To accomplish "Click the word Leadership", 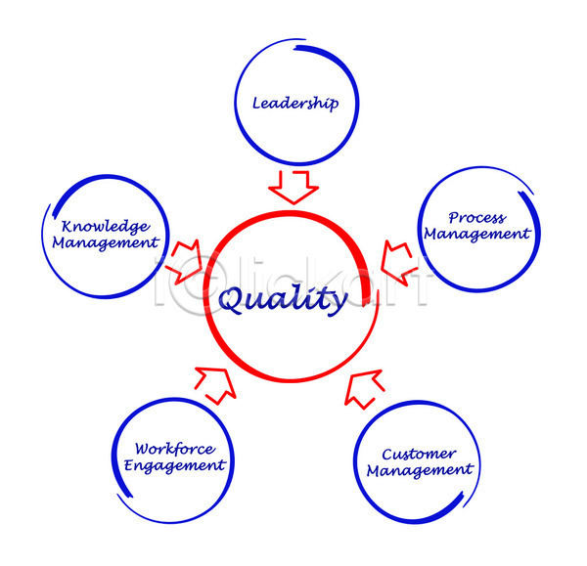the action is point(295,104).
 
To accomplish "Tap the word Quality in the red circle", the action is point(283,300).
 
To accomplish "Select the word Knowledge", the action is point(106,227).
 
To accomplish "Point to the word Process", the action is point(477,217).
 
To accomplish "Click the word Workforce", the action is point(175,449).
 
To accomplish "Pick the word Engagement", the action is point(175,465).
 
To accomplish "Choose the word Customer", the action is point(419,455).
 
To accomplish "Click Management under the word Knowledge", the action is point(106,243).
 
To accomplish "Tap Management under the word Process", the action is point(477,235).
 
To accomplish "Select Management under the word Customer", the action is point(420,470).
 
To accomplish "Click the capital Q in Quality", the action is point(230,300).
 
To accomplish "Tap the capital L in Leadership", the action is point(256,103).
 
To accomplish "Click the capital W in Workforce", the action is point(143,449).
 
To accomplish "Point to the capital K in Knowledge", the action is point(68,227).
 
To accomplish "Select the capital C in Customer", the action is point(387,455).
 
